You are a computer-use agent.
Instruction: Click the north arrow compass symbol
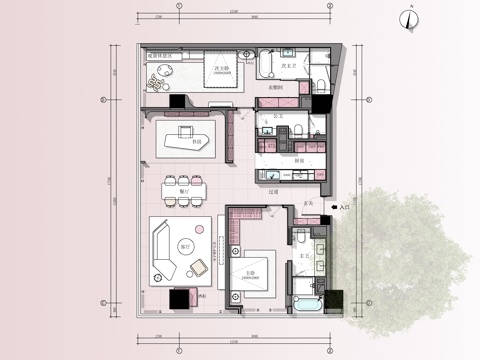tap(410, 17)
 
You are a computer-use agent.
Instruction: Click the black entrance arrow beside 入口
tap(335, 208)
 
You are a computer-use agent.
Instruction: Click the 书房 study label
tap(197, 143)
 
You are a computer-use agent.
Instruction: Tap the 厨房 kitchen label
tap(299, 159)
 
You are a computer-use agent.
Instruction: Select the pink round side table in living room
tap(200, 229)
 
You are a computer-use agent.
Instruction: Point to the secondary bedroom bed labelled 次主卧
tap(221, 75)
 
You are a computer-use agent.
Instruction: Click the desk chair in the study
tap(184, 130)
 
